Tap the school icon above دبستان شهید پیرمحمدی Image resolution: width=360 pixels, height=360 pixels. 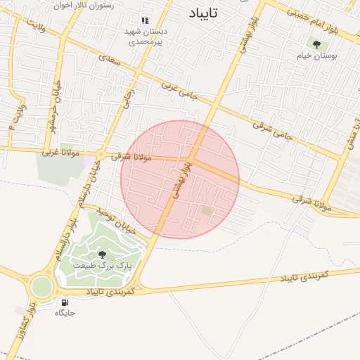pyautogui.click(x=145, y=21)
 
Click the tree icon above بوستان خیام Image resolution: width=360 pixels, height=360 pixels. pyautogui.click(x=316, y=44)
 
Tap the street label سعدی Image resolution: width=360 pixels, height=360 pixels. pyautogui.click(x=110, y=62)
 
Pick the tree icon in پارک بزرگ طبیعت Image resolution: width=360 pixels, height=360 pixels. pyautogui.click(x=102, y=255)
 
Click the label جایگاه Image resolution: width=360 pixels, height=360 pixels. pyautogui.click(x=65, y=313)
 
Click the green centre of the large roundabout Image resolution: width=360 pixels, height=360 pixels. pyautogui.click(x=40, y=285)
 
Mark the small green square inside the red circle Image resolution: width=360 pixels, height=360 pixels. pyautogui.click(x=207, y=210)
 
